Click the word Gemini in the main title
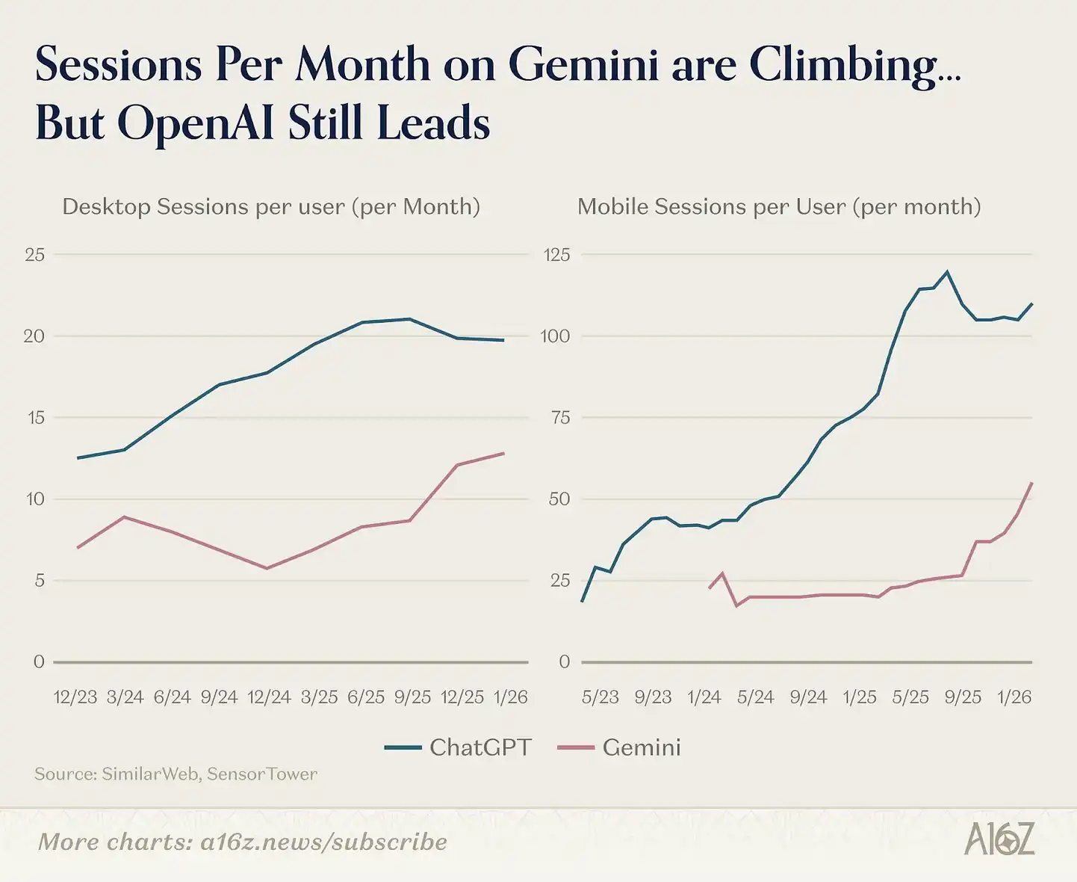pyautogui.click(x=583, y=65)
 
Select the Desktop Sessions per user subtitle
pyautogui.click(x=271, y=206)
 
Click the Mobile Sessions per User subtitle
pyautogui.click(x=779, y=206)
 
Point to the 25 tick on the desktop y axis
pyautogui.click(x=34, y=255)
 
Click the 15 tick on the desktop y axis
pyautogui.click(x=35, y=418)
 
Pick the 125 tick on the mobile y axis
pyautogui.click(x=556, y=255)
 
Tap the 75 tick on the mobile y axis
pyautogui.click(x=560, y=418)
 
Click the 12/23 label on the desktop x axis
pyautogui.click(x=75, y=697)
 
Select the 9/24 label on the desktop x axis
pyautogui.click(x=219, y=697)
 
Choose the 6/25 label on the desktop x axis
pyautogui.click(x=366, y=697)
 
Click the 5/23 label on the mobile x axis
pyautogui.click(x=600, y=697)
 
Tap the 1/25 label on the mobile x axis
pyautogui.click(x=860, y=697)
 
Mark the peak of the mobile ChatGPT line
pyautogui.click(x=948, y=271)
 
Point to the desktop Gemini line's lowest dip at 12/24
pyautogui.click(x=267, y=568)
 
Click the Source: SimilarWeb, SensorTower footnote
pyautogui.click(x=176, y=774)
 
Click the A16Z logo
pyautogui.click(x=999, y=839)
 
